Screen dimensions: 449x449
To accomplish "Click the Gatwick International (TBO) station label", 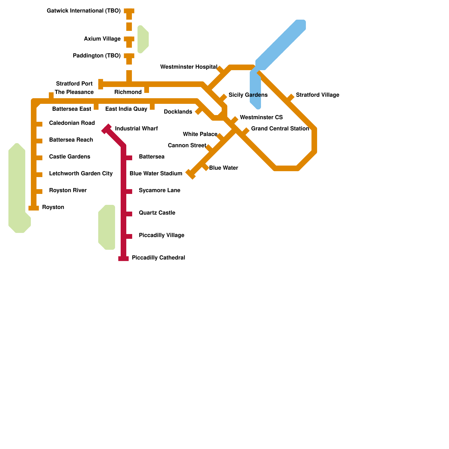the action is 84,11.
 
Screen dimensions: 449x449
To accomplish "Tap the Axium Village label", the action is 102,39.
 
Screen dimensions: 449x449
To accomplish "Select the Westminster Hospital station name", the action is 189,67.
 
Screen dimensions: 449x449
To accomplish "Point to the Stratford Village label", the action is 318,95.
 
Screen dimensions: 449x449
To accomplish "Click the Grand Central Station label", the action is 280,129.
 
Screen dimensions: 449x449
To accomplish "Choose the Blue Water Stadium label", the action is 156,174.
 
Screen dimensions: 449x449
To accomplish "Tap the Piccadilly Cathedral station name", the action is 159,258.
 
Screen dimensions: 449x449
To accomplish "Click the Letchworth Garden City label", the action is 81,174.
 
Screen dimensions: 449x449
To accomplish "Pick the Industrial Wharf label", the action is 136,129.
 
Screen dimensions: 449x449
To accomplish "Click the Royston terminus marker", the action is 34,208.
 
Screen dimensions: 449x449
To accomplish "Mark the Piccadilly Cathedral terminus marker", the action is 123,258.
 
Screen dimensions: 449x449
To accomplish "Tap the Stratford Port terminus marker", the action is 101,84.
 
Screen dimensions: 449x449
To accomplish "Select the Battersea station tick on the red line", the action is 129,158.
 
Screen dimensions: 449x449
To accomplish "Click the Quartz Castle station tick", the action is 129,214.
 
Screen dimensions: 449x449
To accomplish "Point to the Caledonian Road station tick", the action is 39,124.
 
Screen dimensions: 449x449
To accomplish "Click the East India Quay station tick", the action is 152,107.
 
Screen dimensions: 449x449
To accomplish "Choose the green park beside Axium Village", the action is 143,39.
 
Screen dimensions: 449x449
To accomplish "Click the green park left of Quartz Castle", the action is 107,227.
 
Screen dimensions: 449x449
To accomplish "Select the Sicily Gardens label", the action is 248,95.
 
